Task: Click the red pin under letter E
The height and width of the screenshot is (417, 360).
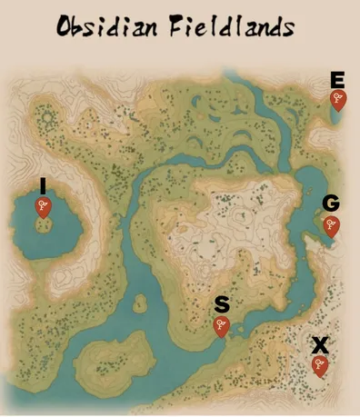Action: [x=338, y=99]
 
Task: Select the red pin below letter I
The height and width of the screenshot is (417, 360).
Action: [x=42, y=207]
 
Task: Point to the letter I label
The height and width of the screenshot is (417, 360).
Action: [x=42, y=185]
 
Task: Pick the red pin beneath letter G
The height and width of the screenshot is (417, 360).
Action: [x=331, y=226]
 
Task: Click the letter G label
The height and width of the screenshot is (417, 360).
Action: [x=331, y=204]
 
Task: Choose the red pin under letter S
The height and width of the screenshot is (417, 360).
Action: [x=221, y=326]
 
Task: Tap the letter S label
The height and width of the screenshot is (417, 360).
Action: [x=221, y=304]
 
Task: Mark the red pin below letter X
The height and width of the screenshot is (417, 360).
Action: [x=319, y=366]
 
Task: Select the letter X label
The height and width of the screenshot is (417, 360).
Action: [x=319, y=344]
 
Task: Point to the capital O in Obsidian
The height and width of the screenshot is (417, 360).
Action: [x=65, y=26]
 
